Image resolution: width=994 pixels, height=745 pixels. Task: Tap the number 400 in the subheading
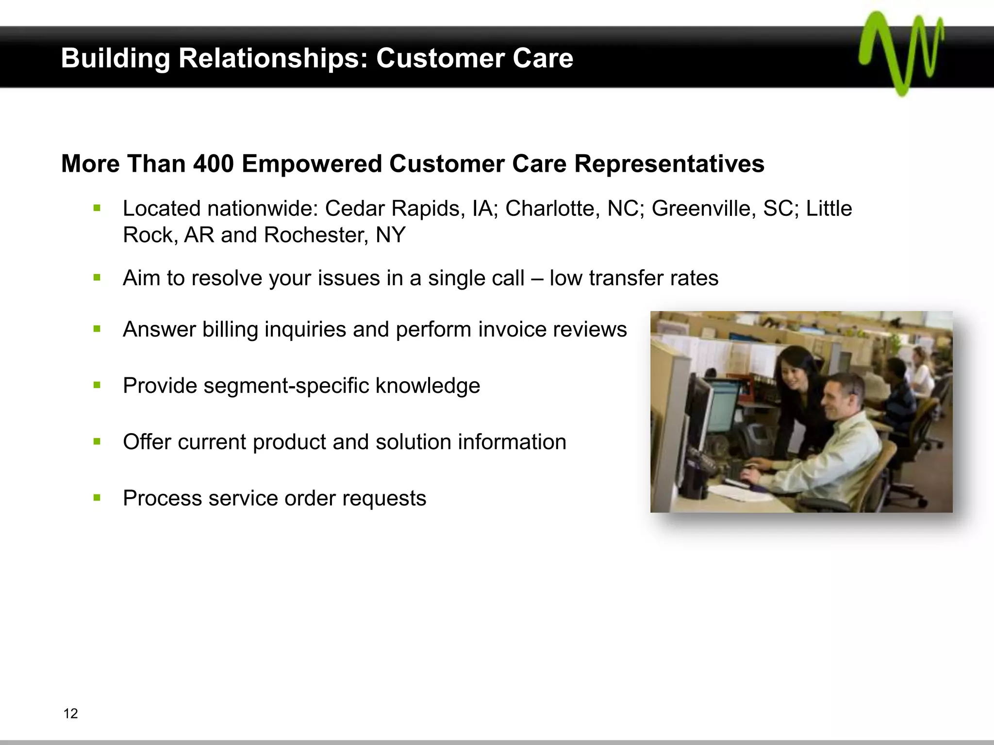[x=214, y=163]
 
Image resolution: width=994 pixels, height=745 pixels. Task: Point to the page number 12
[x=70, y=713]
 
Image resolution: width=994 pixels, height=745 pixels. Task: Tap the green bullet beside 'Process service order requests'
[x=97, y=498]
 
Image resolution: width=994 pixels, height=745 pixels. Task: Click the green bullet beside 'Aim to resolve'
[x=97, y=278]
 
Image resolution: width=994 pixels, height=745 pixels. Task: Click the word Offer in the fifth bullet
[x=147, y=442]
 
